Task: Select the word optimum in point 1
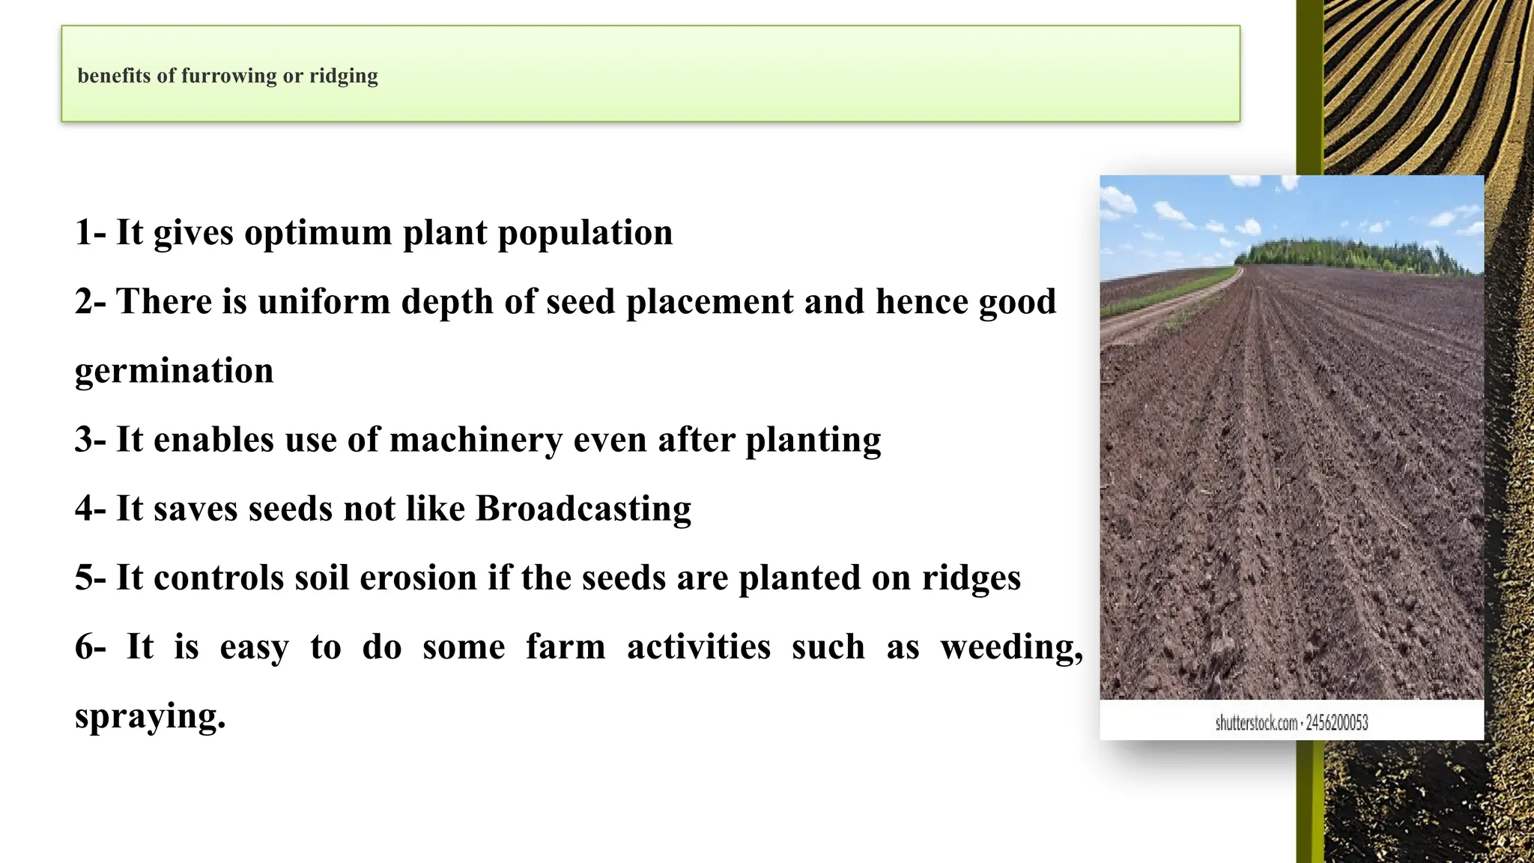coord(318,233)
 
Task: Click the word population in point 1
coord(585,233)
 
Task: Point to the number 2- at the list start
coord(91,302)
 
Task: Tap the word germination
coord(174,371)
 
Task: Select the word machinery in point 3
coord(476,440)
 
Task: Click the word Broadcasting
coord(583,509)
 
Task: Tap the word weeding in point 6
coord(1010,647)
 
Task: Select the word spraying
coord(150,716)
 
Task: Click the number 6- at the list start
coord(91,647)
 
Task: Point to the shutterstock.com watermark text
coord(1256,723)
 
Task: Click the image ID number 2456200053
coord(1337,723)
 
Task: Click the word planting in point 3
coord(813,440)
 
